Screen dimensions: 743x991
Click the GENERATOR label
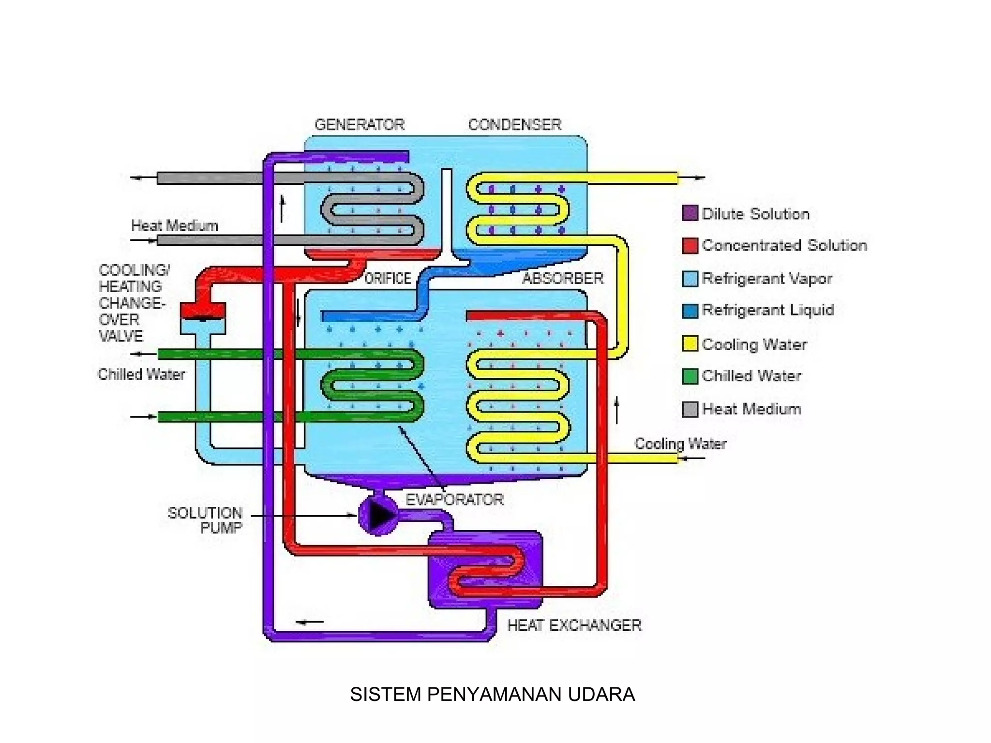359,125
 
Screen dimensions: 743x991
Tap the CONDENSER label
514,125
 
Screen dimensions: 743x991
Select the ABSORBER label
562,278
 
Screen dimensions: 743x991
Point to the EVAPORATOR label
454,499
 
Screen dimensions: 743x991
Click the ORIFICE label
387,278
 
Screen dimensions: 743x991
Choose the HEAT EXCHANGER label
574,625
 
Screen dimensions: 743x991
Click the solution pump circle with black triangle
378,515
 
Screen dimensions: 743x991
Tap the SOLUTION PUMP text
206,520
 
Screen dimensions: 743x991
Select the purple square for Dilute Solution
690,213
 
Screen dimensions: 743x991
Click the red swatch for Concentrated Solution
690,246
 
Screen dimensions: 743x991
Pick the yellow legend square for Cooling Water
690,344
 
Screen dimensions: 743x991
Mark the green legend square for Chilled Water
690,376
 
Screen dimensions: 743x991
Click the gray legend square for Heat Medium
690,409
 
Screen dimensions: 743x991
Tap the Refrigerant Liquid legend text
767,310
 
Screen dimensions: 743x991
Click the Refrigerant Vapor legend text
766,279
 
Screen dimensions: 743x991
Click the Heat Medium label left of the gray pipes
174,225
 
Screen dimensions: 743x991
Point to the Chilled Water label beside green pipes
141,374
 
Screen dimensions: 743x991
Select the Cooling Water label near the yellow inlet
680,444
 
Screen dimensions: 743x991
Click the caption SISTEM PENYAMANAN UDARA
492,694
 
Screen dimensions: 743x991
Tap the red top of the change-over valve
203,310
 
